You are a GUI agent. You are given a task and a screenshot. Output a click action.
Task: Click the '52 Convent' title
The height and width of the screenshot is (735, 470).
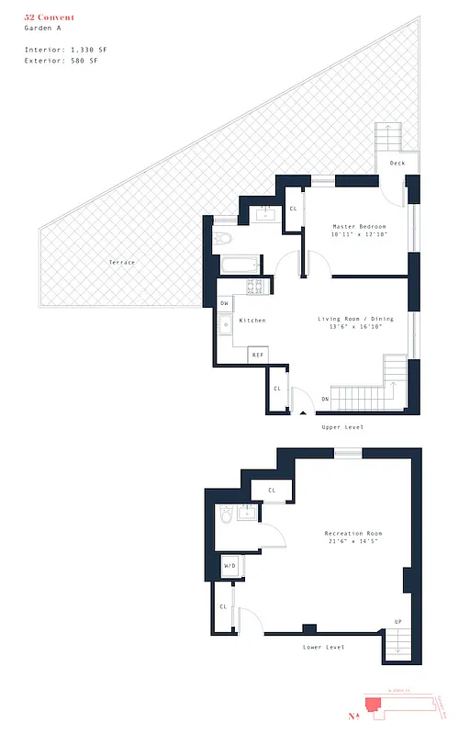click(50, 17)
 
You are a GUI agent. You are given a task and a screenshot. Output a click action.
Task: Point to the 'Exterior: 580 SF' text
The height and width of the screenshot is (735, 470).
click(60, 61)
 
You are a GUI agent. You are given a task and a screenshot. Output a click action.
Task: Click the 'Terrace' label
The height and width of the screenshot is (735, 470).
click(122, 263)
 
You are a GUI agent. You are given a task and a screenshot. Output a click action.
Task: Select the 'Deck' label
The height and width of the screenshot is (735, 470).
click(397, 164)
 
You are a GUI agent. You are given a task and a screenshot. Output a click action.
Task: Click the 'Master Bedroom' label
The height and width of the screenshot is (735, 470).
click(359, 227)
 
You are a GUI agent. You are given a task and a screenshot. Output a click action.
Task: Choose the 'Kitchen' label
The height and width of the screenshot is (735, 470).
click(252, 321)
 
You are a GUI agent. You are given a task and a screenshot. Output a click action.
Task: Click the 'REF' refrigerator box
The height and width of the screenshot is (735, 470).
click(259, 355)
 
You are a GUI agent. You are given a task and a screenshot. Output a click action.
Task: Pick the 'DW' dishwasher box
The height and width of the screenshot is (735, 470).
click(224, 304)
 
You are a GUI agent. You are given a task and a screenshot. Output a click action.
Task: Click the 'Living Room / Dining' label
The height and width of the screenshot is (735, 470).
click(355, 319)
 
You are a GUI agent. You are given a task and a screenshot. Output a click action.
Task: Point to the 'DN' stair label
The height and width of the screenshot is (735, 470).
click(325, 399)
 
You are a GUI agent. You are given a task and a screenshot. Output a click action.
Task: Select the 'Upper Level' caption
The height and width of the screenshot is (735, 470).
click(342, 427)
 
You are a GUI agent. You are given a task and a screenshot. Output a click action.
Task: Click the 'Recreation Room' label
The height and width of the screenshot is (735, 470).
click(353, 534)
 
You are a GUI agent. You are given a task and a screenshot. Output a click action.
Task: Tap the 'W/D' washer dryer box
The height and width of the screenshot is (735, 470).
click(229, 567)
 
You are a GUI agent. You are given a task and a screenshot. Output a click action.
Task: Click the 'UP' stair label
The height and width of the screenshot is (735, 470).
click(397, 622)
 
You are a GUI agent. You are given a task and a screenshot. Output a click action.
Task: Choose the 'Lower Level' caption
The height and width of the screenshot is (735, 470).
click(323, 648)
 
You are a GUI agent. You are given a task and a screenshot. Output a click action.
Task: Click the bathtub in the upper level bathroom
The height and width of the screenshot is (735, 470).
click(240, 266)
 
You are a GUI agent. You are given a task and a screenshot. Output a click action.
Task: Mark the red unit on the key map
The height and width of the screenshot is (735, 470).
click(374, 706)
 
